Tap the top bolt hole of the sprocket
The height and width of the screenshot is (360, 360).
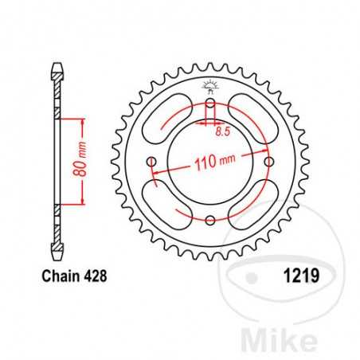pos(209,104)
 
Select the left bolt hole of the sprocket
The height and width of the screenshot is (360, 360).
pos(151,162)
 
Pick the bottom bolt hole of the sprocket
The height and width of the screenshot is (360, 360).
pos(209,221)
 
